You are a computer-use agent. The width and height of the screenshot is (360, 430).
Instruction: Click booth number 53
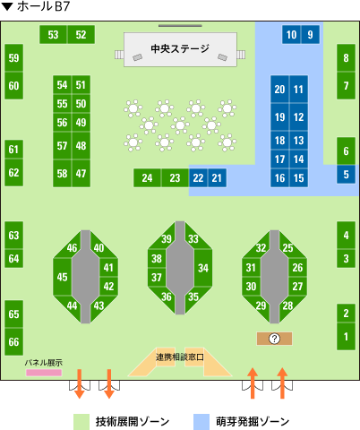click(54, 35)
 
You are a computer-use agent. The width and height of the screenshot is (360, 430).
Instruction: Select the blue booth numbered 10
click(291, 35)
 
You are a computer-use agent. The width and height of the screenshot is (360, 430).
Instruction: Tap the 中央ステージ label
click(180, 48)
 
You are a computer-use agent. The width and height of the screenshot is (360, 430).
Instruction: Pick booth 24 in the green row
click(147, 178)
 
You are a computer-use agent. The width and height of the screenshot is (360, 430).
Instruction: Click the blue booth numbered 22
click(198, 178)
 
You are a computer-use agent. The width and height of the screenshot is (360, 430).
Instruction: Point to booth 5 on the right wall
click(346, 174)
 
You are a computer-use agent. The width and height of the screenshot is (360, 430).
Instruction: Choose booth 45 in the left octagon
click(63, 277)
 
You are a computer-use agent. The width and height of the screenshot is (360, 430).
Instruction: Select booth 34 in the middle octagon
click(203, 268)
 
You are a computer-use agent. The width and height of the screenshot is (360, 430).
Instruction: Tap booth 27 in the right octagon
click(297, 286)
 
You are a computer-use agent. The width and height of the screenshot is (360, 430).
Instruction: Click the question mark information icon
click(274, 339)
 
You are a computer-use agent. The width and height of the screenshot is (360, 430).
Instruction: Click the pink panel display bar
click(44, 373)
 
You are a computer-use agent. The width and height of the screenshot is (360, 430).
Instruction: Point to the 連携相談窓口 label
click(180, 357)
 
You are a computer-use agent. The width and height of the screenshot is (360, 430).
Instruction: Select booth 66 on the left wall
click(13, 341)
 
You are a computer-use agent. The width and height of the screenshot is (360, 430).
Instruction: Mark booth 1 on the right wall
click(346, 336)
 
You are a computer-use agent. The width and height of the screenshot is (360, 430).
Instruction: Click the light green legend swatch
click(81, 422)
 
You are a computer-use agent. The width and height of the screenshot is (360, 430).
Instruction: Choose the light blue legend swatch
click(201, 422)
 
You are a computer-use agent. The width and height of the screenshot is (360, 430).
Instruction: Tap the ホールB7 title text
click(44, 6)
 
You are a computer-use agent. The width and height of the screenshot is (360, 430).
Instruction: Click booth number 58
click(63, 174)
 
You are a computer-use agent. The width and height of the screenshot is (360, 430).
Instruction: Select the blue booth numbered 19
click(279, 117)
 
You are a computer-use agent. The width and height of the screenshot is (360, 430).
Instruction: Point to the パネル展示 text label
click(44, 363)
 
